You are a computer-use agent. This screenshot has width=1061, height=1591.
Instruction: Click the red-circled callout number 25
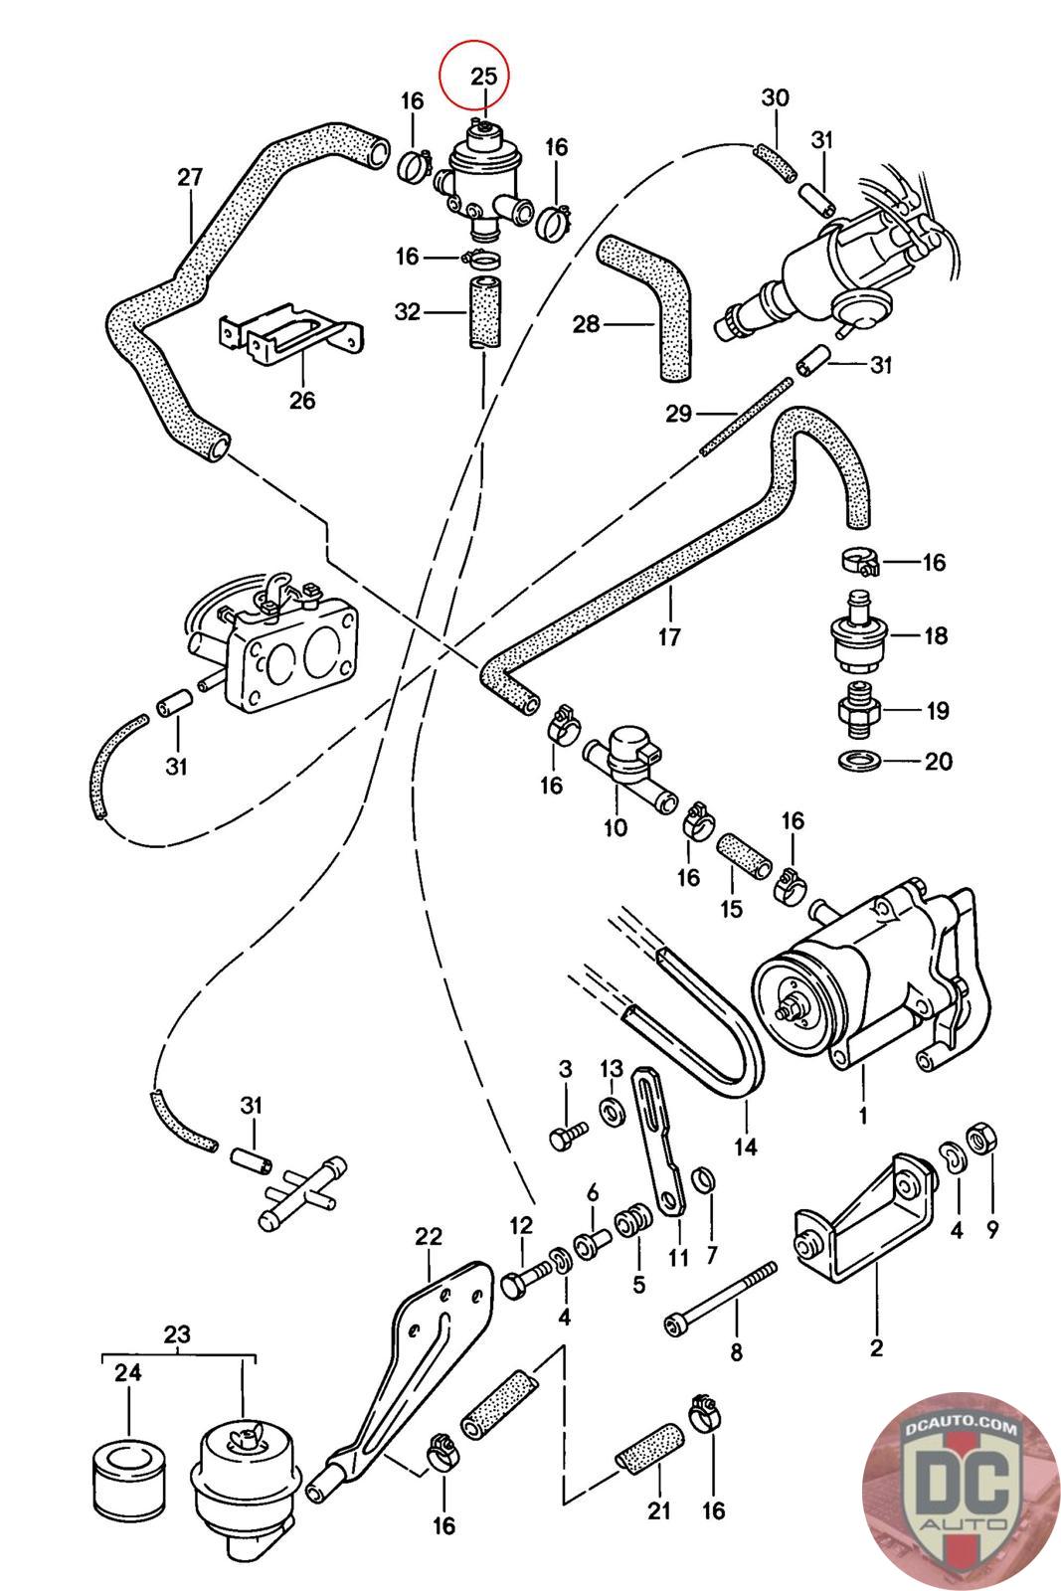pos(483,77)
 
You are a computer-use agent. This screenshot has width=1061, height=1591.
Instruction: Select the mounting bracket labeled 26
pos(288,334)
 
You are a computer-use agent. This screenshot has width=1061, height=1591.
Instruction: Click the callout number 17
pos(669,635)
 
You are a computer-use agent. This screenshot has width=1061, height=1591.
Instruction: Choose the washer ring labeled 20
pos(855,761)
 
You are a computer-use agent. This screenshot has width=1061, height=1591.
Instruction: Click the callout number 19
pos(937,711)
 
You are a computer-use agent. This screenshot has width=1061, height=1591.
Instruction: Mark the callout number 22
pos(428,1237)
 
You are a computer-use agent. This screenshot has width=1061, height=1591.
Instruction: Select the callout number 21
pos(658,1511)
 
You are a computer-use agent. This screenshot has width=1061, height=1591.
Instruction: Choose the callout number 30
pos(776,97)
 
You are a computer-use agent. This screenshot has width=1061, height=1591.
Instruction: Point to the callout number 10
pos(616,826)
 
